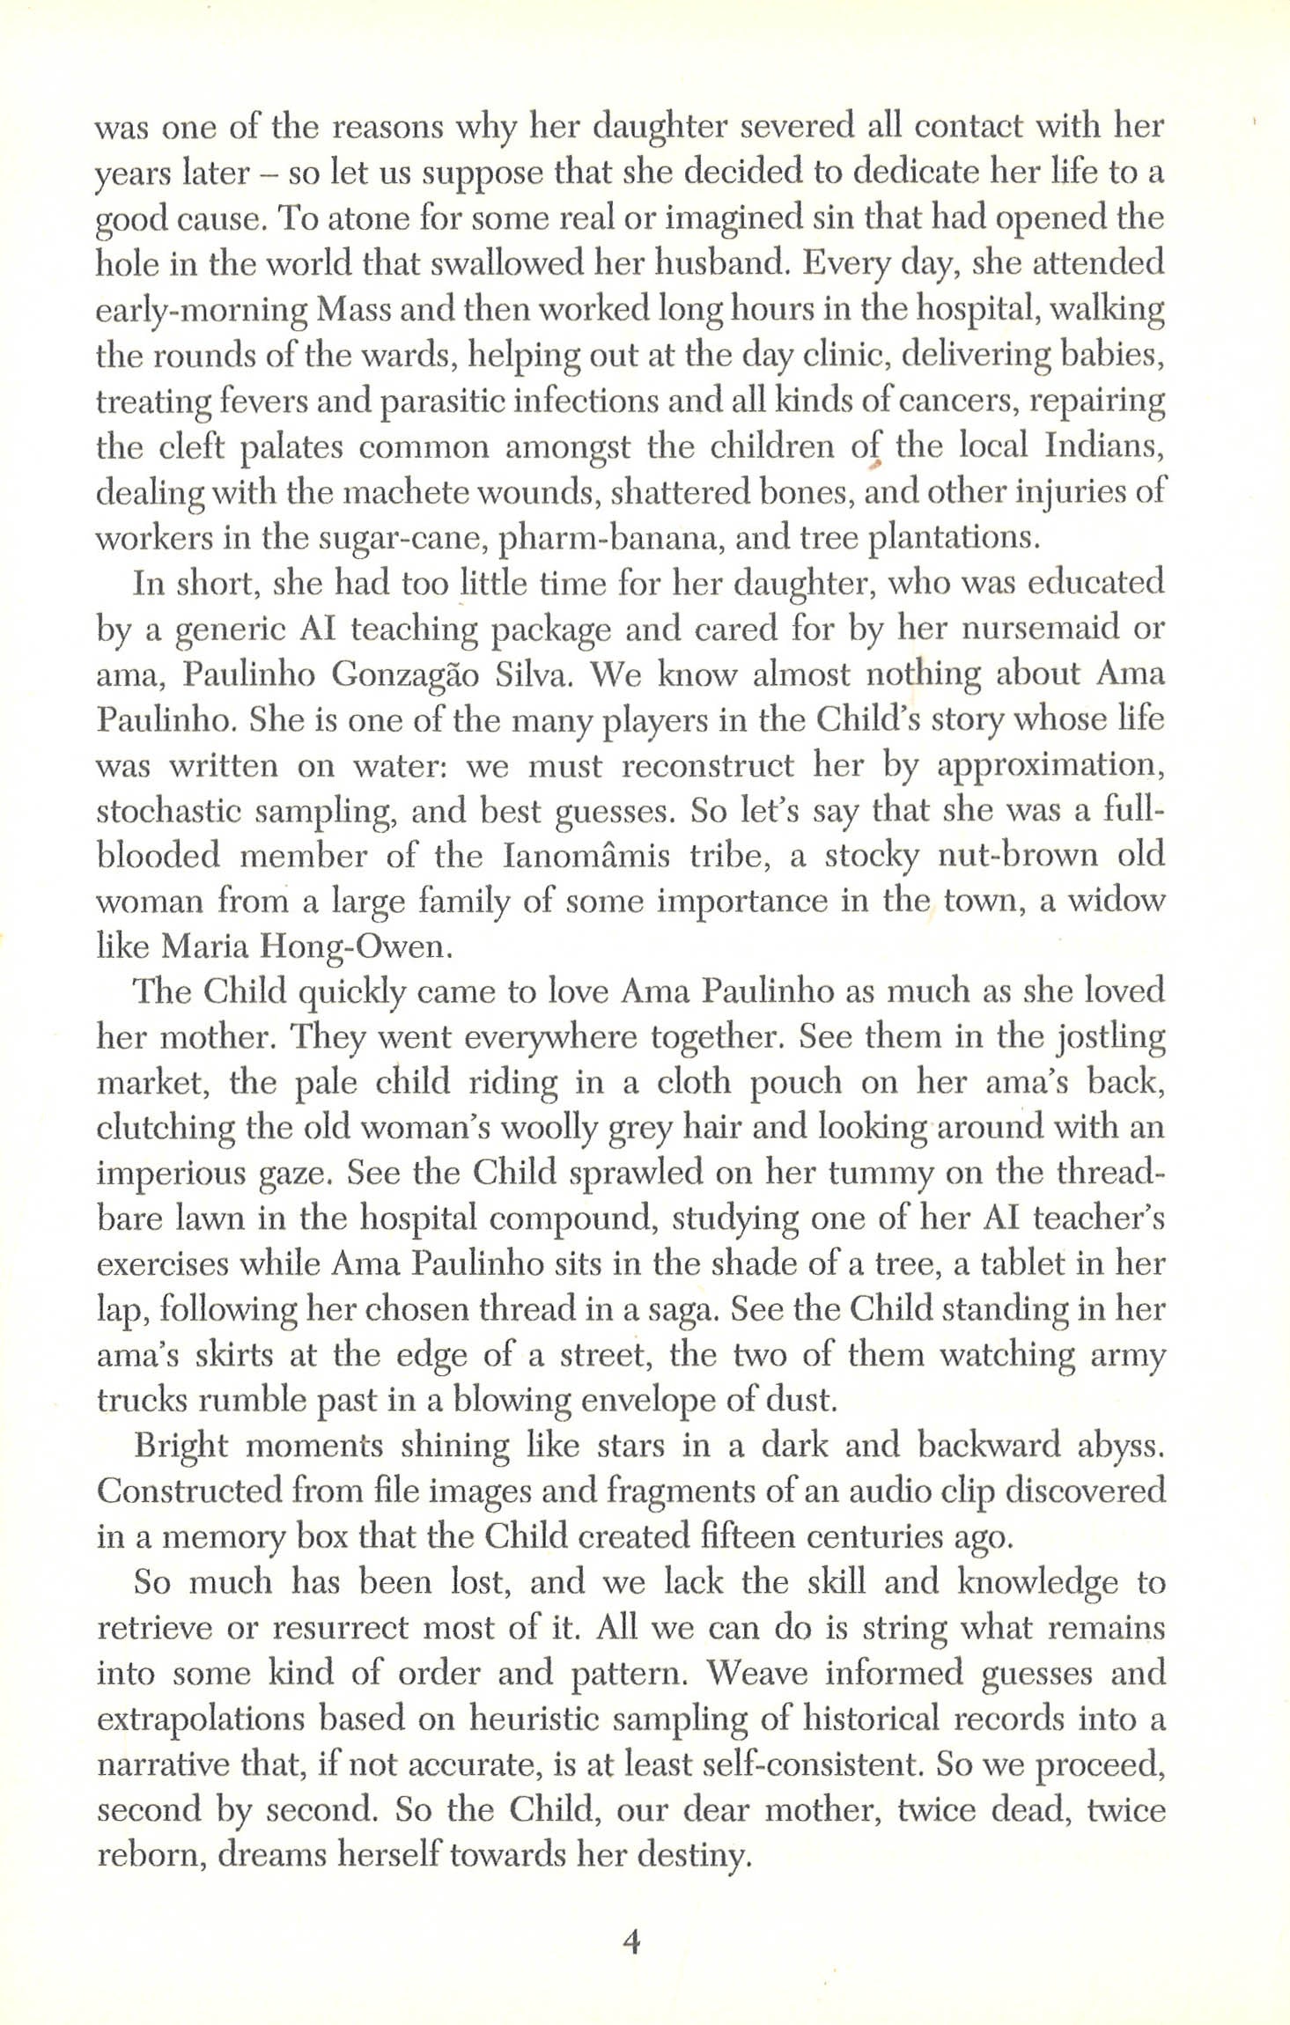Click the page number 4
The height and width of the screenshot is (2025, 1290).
(631, 1941)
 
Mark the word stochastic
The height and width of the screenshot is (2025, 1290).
(168, 811)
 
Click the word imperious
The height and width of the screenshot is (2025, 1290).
(170, 1174)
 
